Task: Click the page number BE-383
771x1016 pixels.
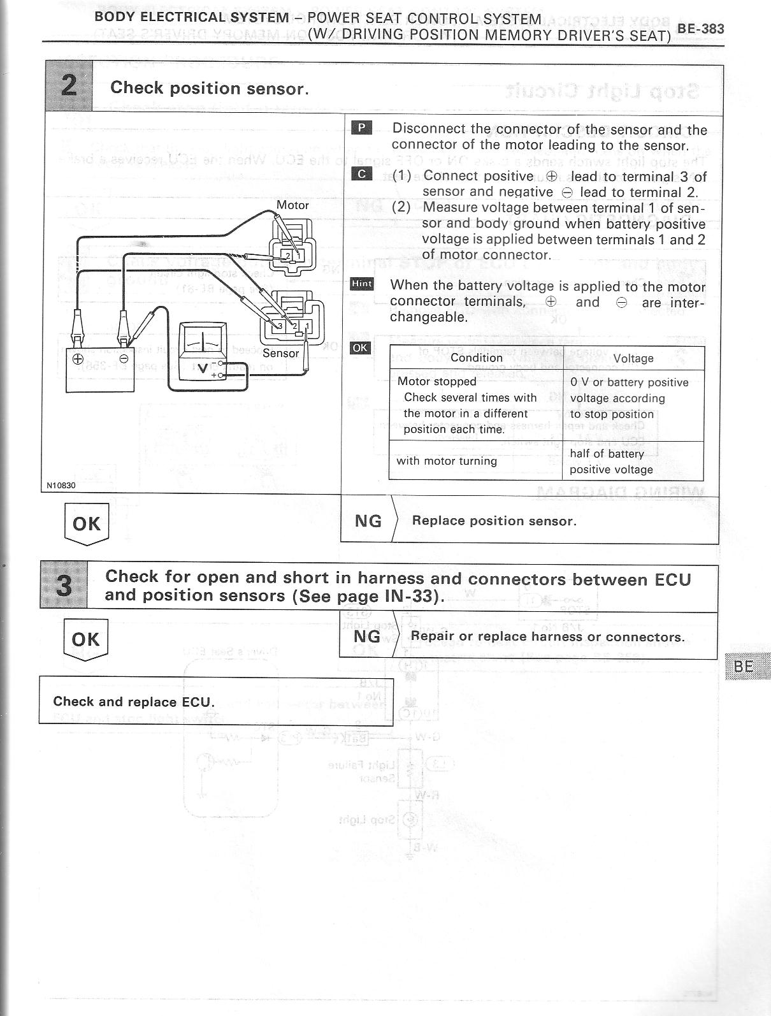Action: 700,29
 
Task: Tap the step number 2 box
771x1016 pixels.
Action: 69,86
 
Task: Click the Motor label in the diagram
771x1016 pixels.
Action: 292,205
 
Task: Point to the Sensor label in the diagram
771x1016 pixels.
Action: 280,353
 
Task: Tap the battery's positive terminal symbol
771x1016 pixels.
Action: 77,359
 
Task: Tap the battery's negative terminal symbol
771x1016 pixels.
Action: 124,359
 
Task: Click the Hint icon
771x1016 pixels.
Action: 362,284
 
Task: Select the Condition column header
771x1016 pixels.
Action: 476,358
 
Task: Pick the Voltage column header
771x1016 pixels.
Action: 633,358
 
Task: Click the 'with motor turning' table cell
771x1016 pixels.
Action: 446,461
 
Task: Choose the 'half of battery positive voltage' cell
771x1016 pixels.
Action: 611,461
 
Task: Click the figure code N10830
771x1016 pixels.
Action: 61,485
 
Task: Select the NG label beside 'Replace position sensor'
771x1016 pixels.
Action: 368,521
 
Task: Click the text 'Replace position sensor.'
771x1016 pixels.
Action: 494,521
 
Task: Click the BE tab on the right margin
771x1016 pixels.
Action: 744,666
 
